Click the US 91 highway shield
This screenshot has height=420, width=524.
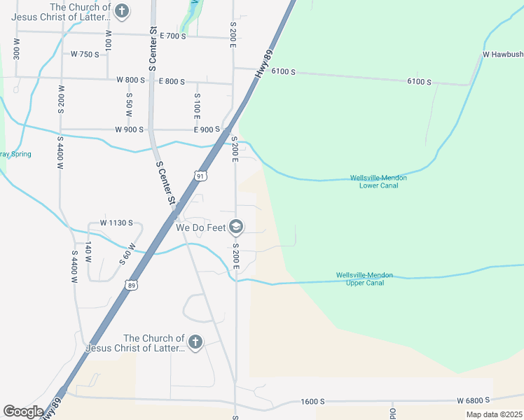(201, 176)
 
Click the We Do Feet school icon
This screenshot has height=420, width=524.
(237, 227)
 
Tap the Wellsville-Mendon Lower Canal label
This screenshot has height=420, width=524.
(378, 182)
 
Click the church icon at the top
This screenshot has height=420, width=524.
(122, 10)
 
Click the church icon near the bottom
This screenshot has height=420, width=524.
(195, 342)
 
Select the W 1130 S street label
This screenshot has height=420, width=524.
(116, 223)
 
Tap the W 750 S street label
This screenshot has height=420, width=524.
(85, 54)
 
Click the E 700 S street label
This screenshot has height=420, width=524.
(172, 35)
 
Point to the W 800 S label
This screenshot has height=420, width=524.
(130, 80)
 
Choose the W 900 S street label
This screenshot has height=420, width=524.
(130, 129)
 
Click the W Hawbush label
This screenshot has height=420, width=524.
(502, 54)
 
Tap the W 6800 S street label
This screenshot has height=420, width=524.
(473, 400)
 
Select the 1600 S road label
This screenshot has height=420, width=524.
(312, 401)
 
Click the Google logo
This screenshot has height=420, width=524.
(23, 412)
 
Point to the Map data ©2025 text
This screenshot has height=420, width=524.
(493, 414)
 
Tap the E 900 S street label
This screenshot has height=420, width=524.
(207, 129)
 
